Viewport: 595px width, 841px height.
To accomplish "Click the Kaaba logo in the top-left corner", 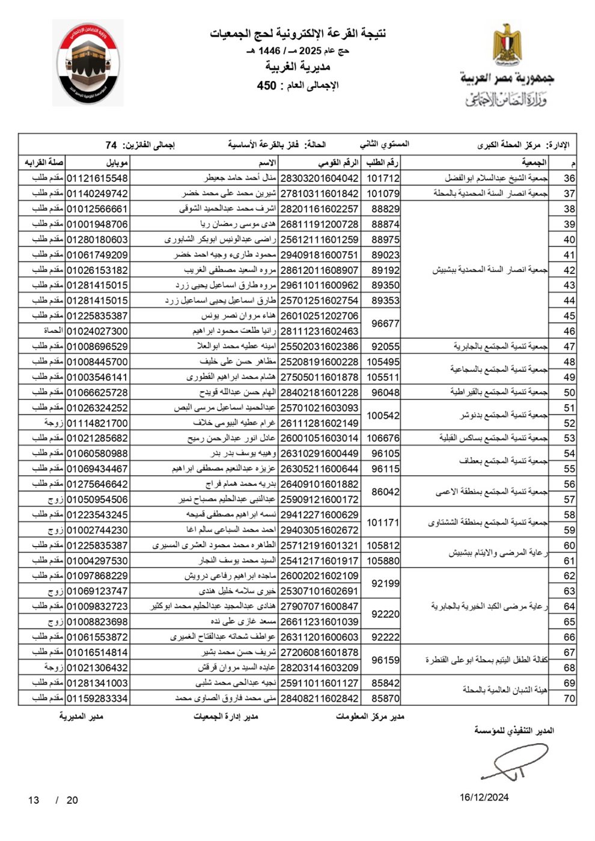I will point(89,63).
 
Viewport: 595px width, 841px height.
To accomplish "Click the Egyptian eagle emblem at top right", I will point(507,45).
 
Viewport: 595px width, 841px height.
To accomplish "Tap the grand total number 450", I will point(266,86).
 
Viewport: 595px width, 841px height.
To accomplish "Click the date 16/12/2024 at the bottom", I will point(484,797).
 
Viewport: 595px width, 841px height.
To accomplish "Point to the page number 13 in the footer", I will point(34,800).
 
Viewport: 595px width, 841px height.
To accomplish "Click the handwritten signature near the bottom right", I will point(514,764).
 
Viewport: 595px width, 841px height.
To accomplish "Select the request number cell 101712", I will point(383,178).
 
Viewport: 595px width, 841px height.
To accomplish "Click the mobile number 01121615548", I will point(97,178).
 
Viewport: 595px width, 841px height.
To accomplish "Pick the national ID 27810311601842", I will point(319,193).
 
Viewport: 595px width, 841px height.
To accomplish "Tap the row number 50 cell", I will point(569,392).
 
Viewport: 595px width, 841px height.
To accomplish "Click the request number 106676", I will point(383,439).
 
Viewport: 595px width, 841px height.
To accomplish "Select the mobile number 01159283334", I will point(97,699).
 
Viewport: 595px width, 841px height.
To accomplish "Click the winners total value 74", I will point(111,145).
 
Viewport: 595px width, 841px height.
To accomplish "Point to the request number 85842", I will point(385,683).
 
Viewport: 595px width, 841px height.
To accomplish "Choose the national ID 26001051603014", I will point(319,439).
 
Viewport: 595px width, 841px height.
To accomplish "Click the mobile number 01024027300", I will point(97,331).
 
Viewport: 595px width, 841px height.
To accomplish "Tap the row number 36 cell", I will point(569,178).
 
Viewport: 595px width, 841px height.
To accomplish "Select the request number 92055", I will point(385,347).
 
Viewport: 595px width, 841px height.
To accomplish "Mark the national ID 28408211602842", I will point(319,699).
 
